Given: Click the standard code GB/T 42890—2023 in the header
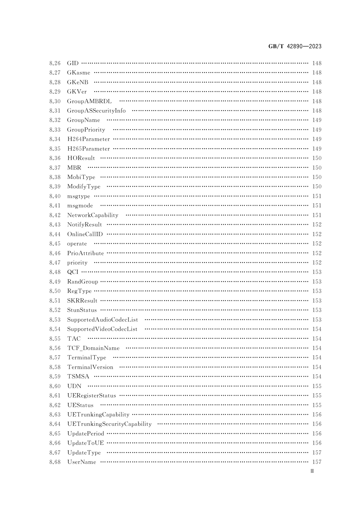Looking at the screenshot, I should (295, 47).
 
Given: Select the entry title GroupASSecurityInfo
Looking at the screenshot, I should (96, 111).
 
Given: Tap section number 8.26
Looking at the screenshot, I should (55, 63).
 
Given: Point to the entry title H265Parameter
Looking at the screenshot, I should (88, 149).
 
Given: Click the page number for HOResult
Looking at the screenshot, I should (317, 158).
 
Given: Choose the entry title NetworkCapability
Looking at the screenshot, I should (92, 215).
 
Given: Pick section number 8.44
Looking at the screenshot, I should (55, 234).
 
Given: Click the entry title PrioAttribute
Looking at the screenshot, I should (85, 253).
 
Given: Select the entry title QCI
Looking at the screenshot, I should (73, 272).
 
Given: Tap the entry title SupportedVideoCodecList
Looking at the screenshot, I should (102, 329).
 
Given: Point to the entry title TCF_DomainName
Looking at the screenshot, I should (93, 348).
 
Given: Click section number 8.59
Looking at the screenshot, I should (55, 376).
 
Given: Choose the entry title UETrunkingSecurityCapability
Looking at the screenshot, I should (109, 424).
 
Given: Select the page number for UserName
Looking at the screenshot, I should (317, 462).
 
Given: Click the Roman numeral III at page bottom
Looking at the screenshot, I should (312, 471).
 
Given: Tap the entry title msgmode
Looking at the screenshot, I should (80, 205).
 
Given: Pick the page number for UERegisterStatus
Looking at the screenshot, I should (317, 395).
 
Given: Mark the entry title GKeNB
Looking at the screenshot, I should (78, 82).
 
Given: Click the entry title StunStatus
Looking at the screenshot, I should (82, 310).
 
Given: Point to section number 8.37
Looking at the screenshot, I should (55, 168).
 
